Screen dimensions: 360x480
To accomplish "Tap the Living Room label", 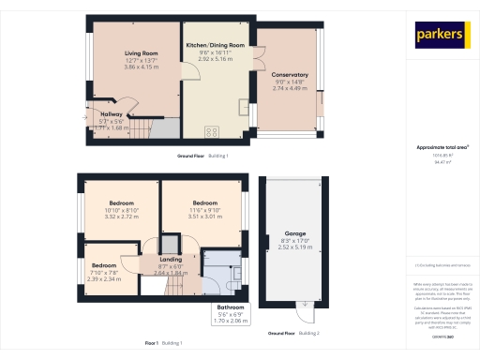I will pyautogui.click(x=142, y=53).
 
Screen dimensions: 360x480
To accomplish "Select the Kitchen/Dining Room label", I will pyautogui.click(x=215, y=45).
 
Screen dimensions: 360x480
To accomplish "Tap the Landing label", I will pyautogui.click(x=171, y=260).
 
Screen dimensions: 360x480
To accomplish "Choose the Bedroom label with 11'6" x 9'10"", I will pyautogui.click(x=205, y=202).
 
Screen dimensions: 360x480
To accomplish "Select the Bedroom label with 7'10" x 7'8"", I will pyautogui.click(x=104, y=265).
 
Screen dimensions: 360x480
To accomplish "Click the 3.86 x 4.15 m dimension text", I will pyautogui.click(x=142, y=69).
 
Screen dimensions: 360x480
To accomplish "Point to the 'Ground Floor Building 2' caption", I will pyautogui.click(x=293, y=333).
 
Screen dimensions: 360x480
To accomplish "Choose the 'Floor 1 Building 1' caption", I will pyautogui.click(x=163, y=343).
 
